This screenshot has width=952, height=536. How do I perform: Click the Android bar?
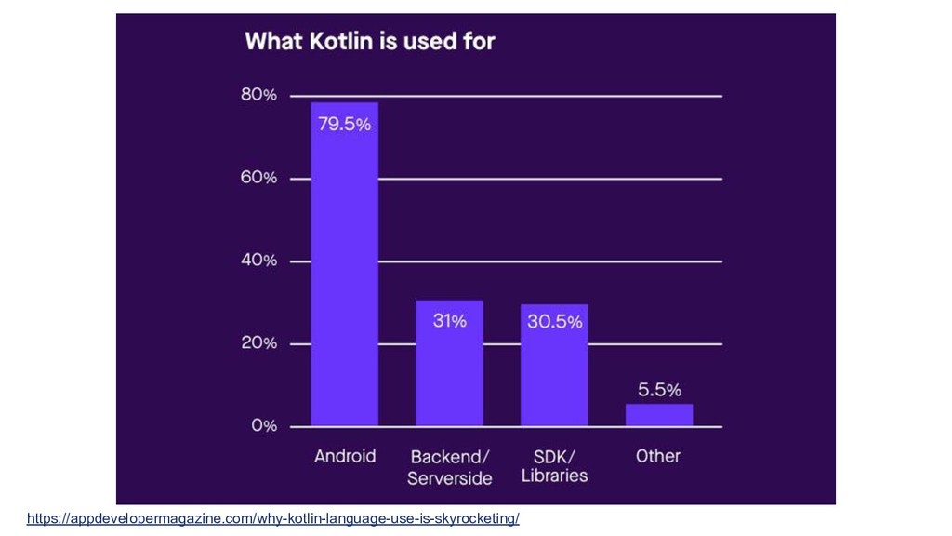tap(344, 279)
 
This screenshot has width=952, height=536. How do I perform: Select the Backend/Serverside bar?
tap(449, 372)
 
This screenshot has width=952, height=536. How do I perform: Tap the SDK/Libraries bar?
tap(554, 372)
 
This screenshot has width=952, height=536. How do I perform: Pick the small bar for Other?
tap(659, 415)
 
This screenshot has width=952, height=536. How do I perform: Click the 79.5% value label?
tap(345, 124)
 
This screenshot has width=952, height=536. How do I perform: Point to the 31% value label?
tap(450, 321)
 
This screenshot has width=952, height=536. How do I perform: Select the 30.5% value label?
tap(555, 322)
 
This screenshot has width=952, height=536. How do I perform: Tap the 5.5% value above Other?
tap(658, 390)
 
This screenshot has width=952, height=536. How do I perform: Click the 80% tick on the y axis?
tap(259, 95)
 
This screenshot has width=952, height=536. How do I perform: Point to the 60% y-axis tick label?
tap(259, 177)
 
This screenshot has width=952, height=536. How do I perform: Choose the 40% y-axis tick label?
tap(259, 261)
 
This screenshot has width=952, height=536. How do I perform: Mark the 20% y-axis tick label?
tap(259, 342)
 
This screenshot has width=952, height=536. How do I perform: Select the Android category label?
tap(345, 456)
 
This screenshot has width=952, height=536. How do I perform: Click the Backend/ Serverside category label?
tap(450, 467)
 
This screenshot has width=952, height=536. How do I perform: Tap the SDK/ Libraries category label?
tap(555, 466)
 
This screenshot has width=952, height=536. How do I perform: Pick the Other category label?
tap(658, 456)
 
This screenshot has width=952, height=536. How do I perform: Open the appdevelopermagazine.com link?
tap(272, 518)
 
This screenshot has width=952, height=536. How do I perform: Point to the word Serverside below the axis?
tap(450, 478)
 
